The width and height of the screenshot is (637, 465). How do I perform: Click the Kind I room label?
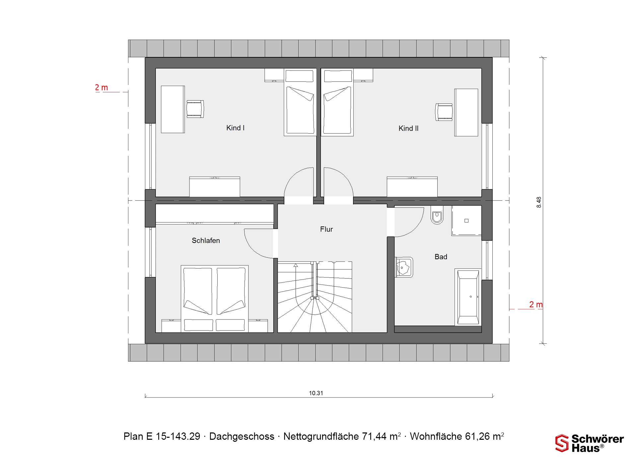point(235,128)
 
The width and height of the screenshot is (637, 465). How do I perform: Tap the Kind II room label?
point(408,129)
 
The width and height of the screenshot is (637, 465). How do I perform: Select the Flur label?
point(326,229)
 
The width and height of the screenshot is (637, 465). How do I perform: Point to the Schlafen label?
point(206,240)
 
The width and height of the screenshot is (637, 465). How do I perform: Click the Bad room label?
point(441,257)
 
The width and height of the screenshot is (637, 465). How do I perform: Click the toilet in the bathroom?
point(437,215)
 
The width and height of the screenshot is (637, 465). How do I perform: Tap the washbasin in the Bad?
point(404,267)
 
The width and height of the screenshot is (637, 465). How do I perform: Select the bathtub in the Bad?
point(468,297)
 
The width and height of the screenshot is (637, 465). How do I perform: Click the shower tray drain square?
point(466,221)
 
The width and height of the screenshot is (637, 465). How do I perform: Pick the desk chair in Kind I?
point(195,109)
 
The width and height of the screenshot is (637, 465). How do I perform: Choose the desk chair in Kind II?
point(444,112)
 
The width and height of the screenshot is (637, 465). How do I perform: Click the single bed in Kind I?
point(300,102)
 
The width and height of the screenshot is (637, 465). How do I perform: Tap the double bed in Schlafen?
point(215,299)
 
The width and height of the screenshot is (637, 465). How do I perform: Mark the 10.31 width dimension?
point(316,393)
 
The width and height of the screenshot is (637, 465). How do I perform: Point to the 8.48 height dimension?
point(539,202)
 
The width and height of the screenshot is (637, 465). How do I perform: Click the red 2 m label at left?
point(102,88)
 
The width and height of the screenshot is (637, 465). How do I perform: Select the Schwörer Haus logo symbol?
point(562,443)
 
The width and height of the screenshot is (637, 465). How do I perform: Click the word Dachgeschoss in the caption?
point(242,436)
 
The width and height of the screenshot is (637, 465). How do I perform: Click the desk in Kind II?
point(466,113)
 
